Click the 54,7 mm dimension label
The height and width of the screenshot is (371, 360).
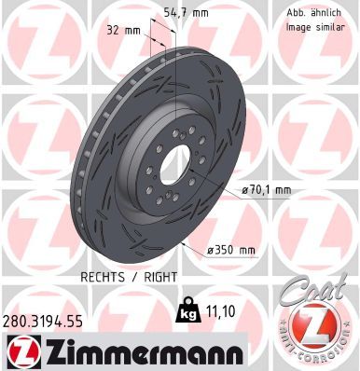[x=186, y=13]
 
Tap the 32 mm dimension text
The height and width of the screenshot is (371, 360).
[x=124, y=31]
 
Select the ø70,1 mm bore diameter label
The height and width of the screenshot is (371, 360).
[x=267, y=190]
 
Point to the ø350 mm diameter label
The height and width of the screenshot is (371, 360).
[x=231, y=250]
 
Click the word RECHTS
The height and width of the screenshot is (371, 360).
[x=103, y=277]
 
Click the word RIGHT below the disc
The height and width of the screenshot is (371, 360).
[x=160, y=277]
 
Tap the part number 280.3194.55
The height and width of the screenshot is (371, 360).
[x=43, y=322]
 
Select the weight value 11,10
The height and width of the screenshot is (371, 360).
[x=220, y=311]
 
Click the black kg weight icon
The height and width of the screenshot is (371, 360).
[x=187, y=309]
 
